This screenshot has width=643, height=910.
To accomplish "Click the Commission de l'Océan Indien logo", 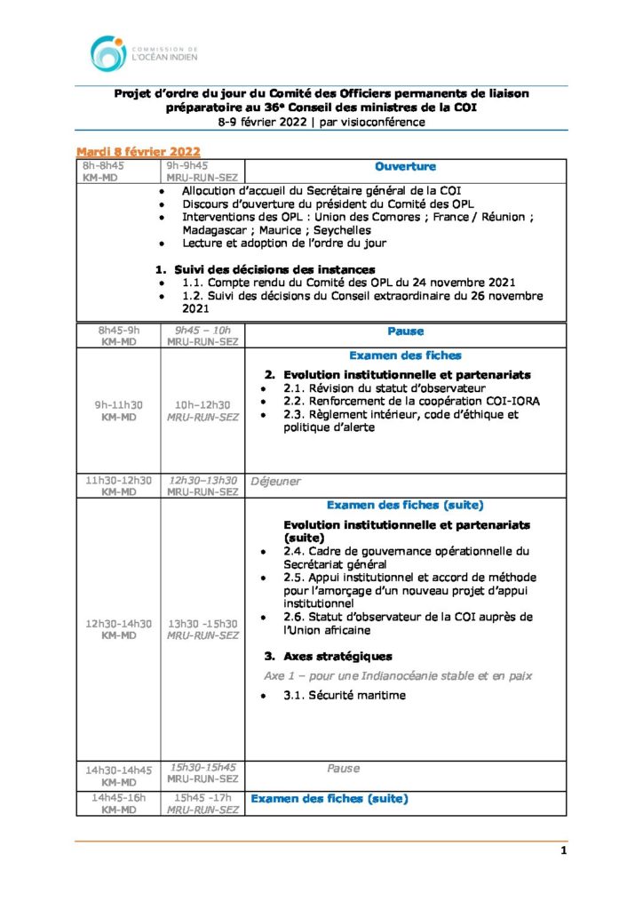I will (x=143, y=53).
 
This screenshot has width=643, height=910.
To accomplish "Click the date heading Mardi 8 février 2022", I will (x=138, y=151).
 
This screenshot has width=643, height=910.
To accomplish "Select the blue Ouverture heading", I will (x=405, y=166).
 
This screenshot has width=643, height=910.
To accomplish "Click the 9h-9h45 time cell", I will (x=202, y=171).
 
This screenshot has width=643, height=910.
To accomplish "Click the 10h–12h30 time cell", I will (x=202, y=411).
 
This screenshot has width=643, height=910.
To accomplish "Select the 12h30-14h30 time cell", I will (x=118, y=629).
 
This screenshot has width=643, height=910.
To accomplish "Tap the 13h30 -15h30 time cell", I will (x=202, y=629).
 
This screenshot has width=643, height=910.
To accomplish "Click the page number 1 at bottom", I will (x=563, y=850).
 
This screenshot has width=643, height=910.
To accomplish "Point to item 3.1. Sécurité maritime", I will (x=345, y=695).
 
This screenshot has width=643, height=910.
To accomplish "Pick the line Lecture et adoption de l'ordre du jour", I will (x=284, y=243).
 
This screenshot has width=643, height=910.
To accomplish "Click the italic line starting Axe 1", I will (x=398, y=675).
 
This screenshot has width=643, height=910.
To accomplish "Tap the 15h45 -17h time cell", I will (x=202, y=803).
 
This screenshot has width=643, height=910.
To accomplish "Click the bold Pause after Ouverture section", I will (x=405, y=331).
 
